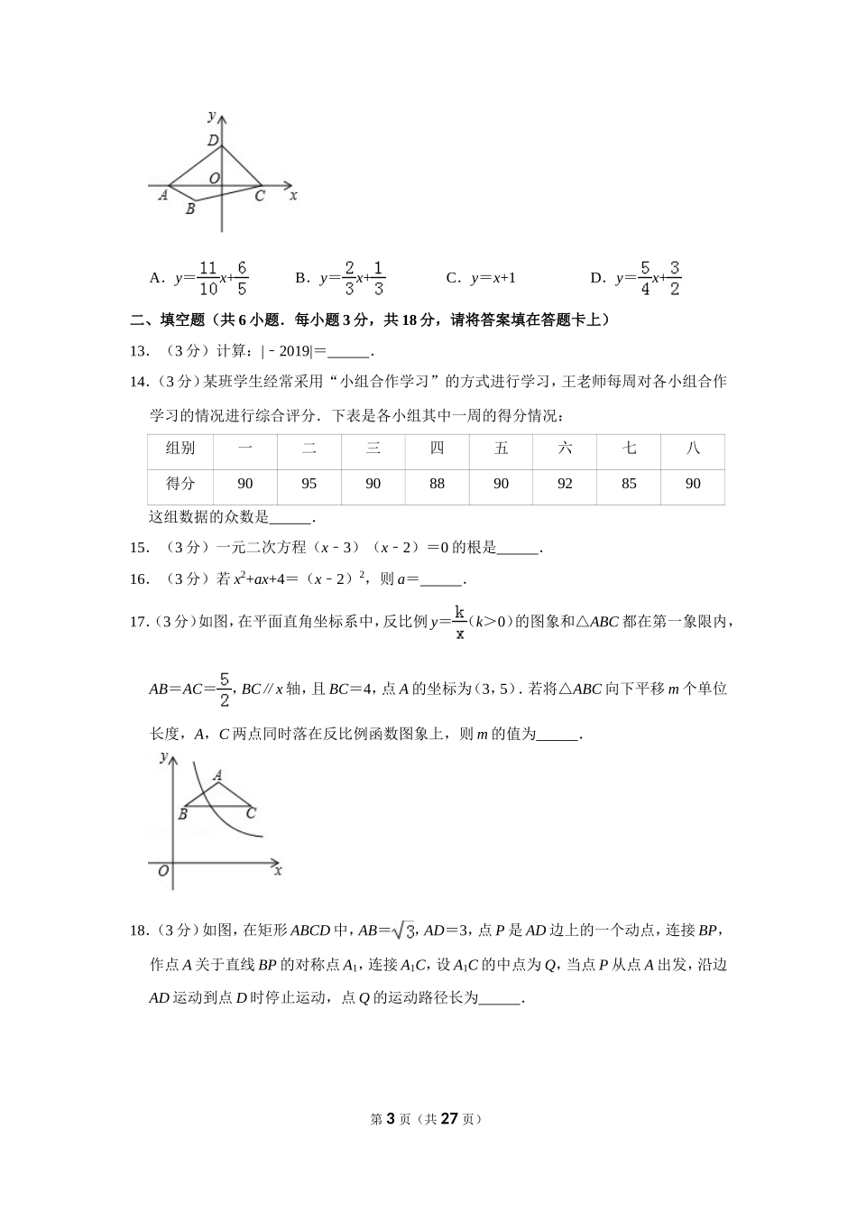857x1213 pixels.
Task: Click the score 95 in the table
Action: [x=309, y=484]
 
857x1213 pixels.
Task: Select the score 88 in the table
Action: [x=438, y=484]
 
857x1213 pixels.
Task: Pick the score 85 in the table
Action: [x=629, y=484]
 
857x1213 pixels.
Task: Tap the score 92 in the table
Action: [x=565, y=484]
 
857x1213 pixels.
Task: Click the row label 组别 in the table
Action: [x=180, y=448]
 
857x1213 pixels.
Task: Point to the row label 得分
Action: [x=180, y=484]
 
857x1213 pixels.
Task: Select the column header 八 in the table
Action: [x=693, y=448]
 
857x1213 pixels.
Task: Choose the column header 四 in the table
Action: [x=438, y=448]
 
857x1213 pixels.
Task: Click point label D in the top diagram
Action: [x=213, y=140]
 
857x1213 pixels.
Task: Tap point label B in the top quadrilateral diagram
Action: [x=190, y=209]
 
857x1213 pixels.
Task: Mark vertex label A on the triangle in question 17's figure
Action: [x=217, y=774]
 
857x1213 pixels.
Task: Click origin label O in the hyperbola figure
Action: [x=163, y=871]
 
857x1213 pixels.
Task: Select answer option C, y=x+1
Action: [x=482, y=278]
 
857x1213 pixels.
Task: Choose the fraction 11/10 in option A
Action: [x=208, y=278]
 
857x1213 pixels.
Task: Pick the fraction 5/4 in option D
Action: [x=645, y=278]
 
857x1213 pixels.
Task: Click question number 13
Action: [x=140, y=352]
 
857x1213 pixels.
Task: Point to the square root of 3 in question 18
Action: [x=405, y=931]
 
